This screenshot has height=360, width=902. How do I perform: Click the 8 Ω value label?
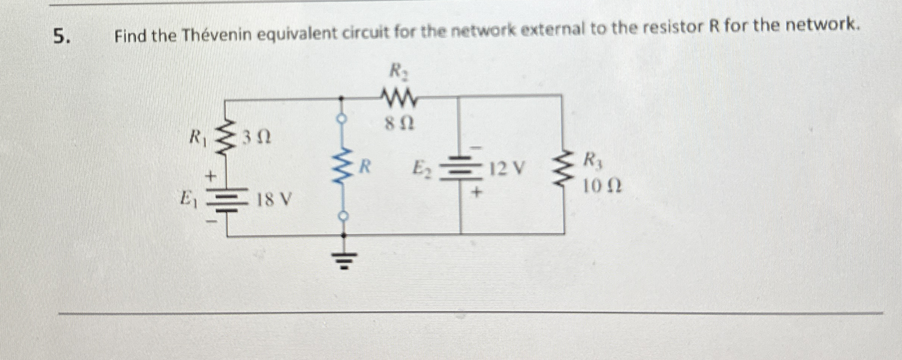[399, 123]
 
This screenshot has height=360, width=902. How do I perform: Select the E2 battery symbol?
[460, 168]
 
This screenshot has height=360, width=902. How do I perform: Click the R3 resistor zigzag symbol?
[563, 169]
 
